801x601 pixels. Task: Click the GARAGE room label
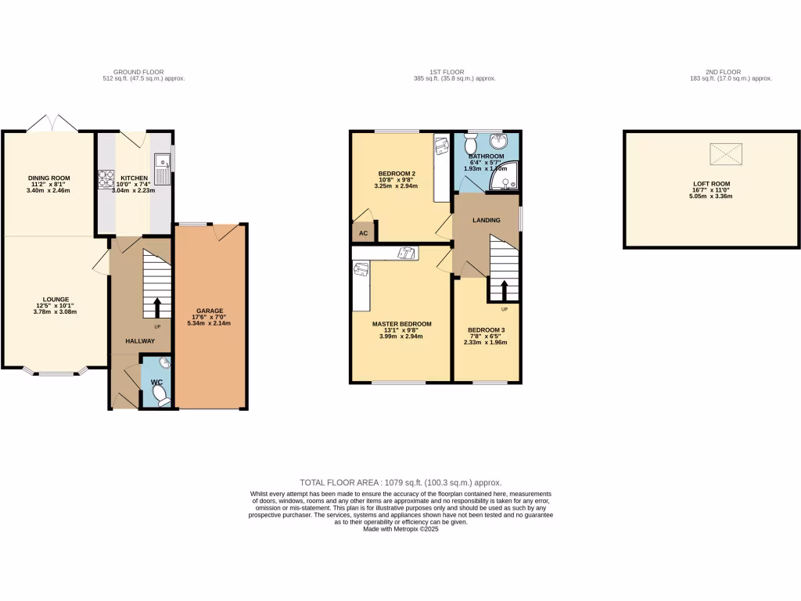pyautogui.click(x=210, y=311)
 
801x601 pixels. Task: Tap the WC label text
pyautogui.click(x=156, y=382)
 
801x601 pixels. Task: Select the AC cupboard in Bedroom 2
pyautogui.click(x=363, y=232)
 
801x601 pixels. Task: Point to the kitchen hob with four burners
pyautogui.click(x=106, y=179)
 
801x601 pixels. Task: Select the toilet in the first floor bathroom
pyautogui.click(x=471, y=145)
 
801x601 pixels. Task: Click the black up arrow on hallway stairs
pyautogui.click(x=156, y=306)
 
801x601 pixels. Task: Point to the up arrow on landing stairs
pyautogui.click(x=503, y=291)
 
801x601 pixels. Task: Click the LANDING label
pyautogui.click(x=486, y=221)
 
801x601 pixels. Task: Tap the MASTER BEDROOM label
pyautogui.click(x=401, y=324)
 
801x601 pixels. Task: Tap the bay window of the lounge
pyautogui.click(x=55, y=372)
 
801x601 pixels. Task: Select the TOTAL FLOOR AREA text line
pyautogui.click(x=400, y=483)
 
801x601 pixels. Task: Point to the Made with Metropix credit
pyautogui.click(x=400, y=529)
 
